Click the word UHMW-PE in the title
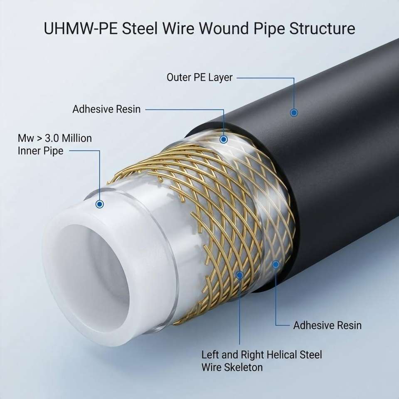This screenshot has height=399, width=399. pyautogui.click(x=80, y=28)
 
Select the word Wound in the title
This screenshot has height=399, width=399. pyautogui.click(x=224, y=28)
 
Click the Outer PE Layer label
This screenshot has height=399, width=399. pyautogui.click(x=199, y=78)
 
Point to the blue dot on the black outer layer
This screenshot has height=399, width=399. pyautogui.click(x=294, y=113)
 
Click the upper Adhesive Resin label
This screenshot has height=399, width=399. pyautogui.click(x=106, y=109)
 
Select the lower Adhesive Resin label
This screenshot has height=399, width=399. pyautogui.click(x=327, y=325)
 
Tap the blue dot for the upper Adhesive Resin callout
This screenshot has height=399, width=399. pyautogui.click(x=224, y=140)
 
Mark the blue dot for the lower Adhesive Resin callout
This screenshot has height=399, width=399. pyautogui.click(x=276, y=264)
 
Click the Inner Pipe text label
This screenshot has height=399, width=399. pyautogui.click(x=40, y=151)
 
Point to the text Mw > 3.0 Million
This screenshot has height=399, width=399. pyautogui.click(x=55, y=138)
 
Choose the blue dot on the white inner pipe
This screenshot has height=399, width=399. pyautogui.click(x=99, y=204)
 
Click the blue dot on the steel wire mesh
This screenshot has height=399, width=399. pyautogui.click(x=239, y=275)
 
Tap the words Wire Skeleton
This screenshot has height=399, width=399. pyautogui.click(x=232, y=367)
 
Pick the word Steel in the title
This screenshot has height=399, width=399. pyautogui.click(x=140, y=28)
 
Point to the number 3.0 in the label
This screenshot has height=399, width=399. pyautogui.click(x=52, y=138)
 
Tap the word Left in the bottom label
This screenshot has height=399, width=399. pyautogui.click(x=210, y=355)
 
